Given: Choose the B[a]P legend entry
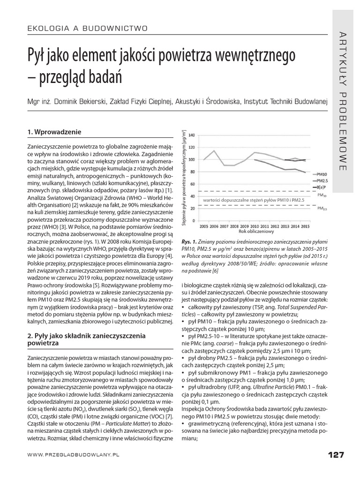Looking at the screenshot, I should tap(322, 186).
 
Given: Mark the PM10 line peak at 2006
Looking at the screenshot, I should tap(214, 150).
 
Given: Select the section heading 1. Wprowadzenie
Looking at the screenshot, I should tap(55, 132).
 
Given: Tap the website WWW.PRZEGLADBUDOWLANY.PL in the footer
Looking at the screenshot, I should tap(74, 455).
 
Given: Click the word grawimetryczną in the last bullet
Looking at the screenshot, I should tap(209, 424).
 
